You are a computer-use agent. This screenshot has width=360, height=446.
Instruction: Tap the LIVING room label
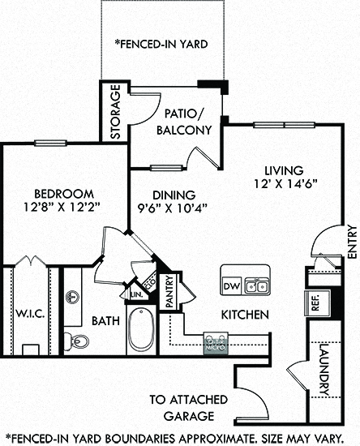(x=283, y=171)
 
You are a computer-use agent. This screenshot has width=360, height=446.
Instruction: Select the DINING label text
(x=174, y=195)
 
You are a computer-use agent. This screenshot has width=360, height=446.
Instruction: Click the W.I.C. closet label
(x=28, y=311)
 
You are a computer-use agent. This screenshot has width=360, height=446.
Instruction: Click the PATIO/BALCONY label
(x=188, y=122)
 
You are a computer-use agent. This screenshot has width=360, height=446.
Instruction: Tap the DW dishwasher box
(x=232, y=286)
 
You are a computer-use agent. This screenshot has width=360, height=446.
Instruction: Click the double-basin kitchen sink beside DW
(x=256, y=286)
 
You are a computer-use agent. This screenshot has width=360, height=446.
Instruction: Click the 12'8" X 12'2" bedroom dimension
(x=61, y=207)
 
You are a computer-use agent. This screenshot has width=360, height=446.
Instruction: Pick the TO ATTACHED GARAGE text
(x=182, y=408)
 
